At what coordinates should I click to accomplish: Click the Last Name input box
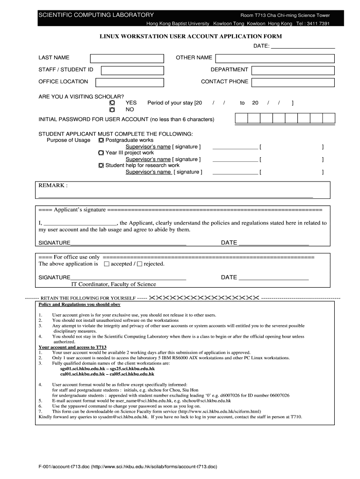point(127,58)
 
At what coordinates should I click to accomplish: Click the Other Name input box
point(274,58)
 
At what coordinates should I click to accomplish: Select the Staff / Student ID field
point(132,71)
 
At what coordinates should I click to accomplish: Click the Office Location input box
point(130,83)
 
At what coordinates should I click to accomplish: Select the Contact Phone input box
point(293,83)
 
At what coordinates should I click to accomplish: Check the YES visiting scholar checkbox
point(112,102)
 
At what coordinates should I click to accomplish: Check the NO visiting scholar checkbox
point(112,109)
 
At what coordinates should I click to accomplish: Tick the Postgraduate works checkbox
point(101,140)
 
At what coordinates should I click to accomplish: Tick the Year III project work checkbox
point(101,152)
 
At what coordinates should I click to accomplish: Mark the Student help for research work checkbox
point(101,165)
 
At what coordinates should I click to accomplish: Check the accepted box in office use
point(106,264)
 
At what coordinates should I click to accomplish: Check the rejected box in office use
point(139,264)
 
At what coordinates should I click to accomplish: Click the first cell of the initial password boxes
point(241,118)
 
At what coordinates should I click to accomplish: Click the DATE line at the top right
point(303,46)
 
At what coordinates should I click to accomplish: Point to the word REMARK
point(53,186)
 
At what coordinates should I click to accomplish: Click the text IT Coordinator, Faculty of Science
point(113,284)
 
